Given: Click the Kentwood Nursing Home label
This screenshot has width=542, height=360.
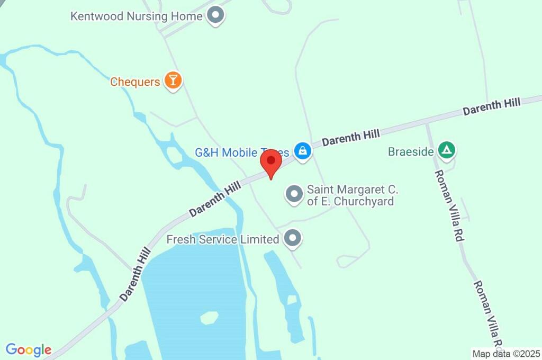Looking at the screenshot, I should [136, 16].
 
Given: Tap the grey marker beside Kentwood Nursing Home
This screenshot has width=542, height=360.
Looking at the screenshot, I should [215, 15].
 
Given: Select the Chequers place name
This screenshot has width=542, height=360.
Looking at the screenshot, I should [135, 82].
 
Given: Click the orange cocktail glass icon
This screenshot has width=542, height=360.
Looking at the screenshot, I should [173, 80].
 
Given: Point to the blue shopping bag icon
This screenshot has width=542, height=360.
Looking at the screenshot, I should [302, 151].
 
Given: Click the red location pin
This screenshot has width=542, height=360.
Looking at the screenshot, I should [272, 161].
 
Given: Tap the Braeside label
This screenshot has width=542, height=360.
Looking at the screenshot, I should [411, 152].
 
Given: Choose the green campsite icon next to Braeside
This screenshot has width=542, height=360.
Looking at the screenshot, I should [447, 151].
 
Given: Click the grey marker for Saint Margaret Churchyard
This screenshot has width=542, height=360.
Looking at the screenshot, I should [294, 194].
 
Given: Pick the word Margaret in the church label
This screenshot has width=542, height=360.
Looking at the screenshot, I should [363, 190].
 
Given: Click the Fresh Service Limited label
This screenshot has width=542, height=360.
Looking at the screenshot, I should [223, 240].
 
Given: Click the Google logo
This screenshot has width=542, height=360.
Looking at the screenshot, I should [29, 350].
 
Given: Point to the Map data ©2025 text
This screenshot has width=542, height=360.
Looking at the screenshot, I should [507, 353].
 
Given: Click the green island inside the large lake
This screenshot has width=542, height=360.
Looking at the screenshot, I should [210, 318].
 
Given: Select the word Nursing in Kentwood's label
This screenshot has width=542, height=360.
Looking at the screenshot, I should [147, 16].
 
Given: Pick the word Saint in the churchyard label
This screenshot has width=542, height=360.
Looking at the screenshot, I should [320, 190].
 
